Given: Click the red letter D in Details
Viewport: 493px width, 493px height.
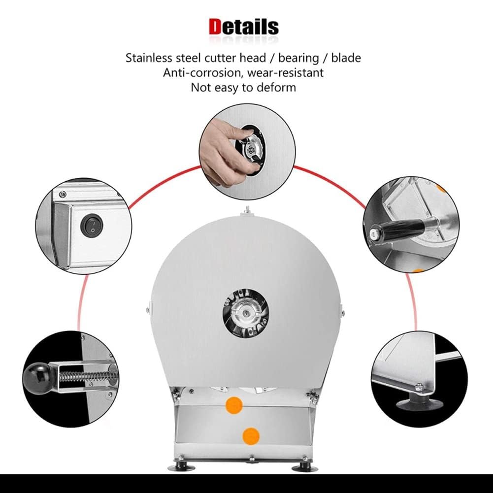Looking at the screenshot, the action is click(x=215, y=27).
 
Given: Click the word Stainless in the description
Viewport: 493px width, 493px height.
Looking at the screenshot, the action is click(x=149, y=58).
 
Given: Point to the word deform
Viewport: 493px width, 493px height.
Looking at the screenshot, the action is click(x=276, y=87).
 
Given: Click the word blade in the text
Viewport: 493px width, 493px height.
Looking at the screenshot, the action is click(x=346, y=58).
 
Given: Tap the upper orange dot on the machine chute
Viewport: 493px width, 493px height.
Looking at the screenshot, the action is click(x=234, y=405).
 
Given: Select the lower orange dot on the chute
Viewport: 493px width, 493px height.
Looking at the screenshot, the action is click(x=251, y=436).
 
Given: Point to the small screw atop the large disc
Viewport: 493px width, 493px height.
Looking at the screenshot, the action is click(x=248, y=210).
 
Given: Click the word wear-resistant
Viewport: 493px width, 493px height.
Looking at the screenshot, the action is click(x=285, y=72).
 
